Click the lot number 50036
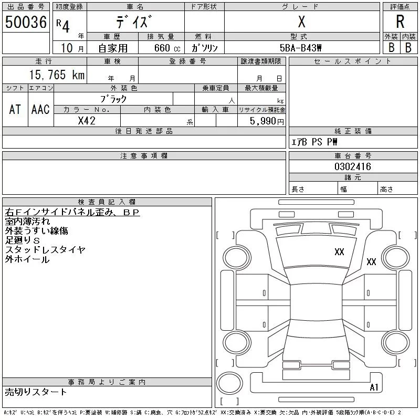click(26, 22)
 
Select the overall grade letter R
click(400, 22)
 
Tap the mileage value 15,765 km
click(57, 75)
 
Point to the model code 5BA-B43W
click(300, 48)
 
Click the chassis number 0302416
click(353, 166)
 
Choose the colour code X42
click(87, 121)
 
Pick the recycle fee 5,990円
click(267, 121)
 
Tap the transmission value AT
click(15, 109)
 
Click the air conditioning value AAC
click(40, 109)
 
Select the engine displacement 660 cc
click(167, 48)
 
